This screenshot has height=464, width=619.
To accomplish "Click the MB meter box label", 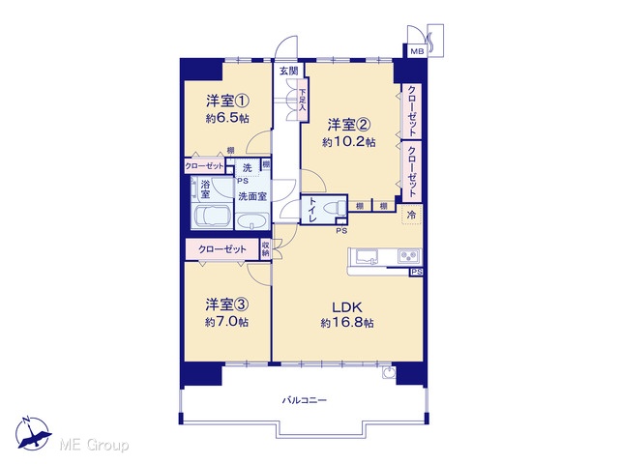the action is [x=417, y=51].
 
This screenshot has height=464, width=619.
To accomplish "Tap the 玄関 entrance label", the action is [x=288, y=71].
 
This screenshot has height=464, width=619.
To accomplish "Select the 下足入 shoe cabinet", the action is [x=303, y=99].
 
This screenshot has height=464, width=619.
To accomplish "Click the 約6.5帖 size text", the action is [x=227, y=118].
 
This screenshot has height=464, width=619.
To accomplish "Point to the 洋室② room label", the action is [x=348, y=125].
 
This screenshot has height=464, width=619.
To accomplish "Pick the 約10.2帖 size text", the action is [x=348, y=142].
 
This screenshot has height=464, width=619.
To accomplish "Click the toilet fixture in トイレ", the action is [x=336, y=208].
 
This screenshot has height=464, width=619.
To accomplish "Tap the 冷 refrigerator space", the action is [x=412, y=215].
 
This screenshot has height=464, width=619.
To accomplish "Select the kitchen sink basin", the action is [x=367, y=256].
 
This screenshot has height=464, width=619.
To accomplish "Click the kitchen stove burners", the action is [x=409, y=256].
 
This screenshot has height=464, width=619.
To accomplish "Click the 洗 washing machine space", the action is [x=248, y=167].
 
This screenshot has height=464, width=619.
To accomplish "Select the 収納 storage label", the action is [x=266, y=249].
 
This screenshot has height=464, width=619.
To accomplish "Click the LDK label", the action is [x=347, y=306].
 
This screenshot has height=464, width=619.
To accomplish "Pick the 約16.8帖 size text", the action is [x=347, y=323].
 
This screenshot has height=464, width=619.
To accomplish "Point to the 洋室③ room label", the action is [x=226, y=304].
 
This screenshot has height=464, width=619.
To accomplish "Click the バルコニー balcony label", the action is [x=305, y=400].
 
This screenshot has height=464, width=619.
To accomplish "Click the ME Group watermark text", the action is [x=94, y=445].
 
